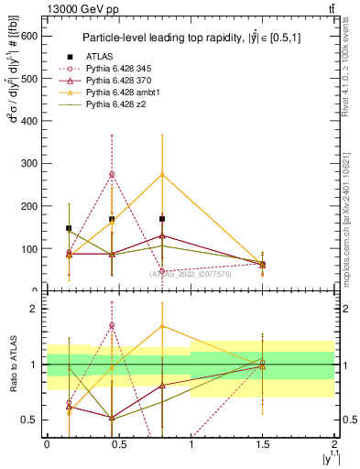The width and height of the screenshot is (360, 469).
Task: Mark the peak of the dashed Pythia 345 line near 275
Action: pyautogui.click(x=112, y=174)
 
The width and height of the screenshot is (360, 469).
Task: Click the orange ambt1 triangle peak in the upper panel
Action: pyautogui.click(x=162, y=174)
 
